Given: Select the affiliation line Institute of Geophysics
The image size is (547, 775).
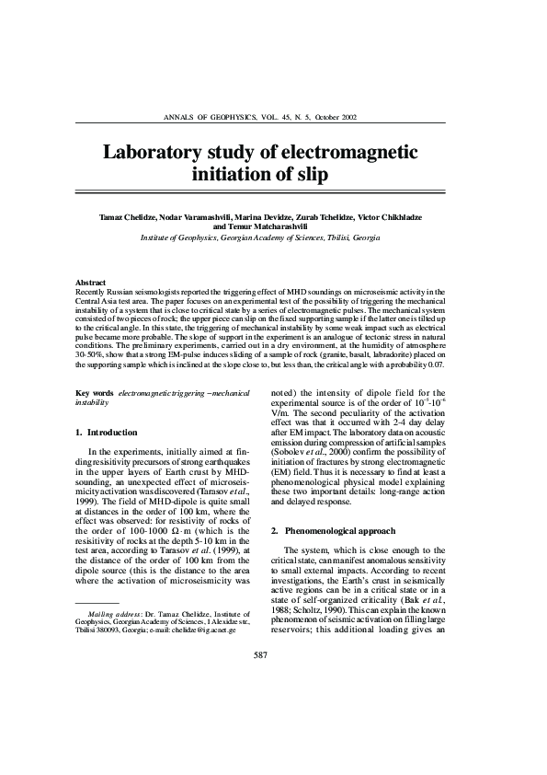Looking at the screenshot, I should click(259, 237).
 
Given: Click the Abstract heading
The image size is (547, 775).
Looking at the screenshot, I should click(90, 282).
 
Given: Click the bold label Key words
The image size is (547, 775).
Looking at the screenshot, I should click(94, 394).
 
